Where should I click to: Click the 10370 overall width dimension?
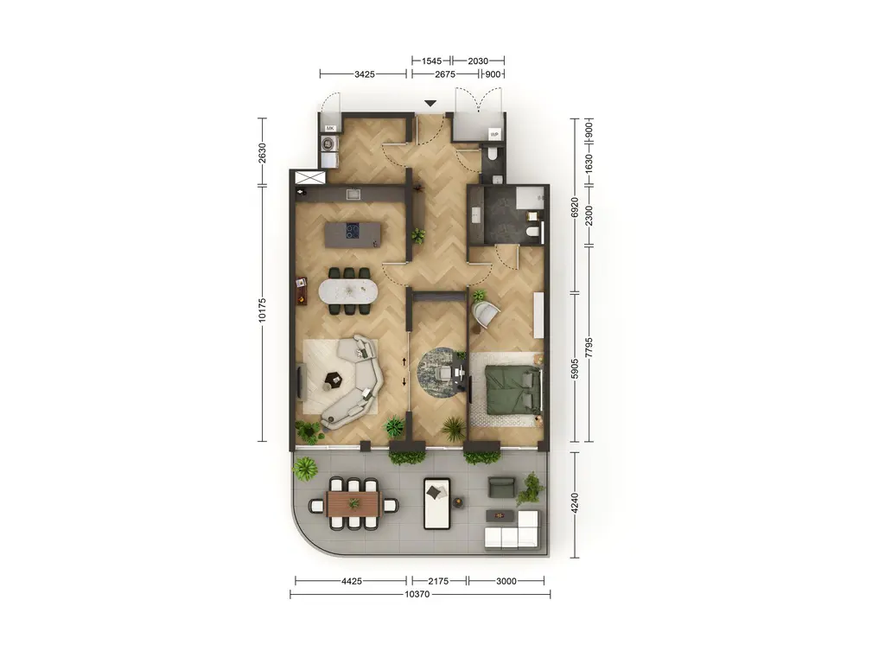pyautogui.click(x=417, y=595)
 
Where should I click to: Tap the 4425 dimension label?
pyautogui.click(x=351, y=581)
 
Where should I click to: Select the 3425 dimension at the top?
pyautogui.click(x=365, y=74)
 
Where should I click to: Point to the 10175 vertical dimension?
pyautogui.click(x=262, y=310)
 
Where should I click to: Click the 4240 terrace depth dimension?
pyautogui.click(x=575, y=504)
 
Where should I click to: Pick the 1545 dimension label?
pyautogui.click(x=432, y=61)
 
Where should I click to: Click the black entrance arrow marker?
pyautogui.click(x=430, y=104)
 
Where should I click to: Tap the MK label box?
pyautogui.click(x=330, y=129)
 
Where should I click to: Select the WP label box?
pyautogui.click(x=494, y=134)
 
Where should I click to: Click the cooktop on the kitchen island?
pyautogui.click(x=353, y=230)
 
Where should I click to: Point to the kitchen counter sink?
pyautogui.click(x=353, y=195)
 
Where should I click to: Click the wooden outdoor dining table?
pyautogui.click(x=353, y=503)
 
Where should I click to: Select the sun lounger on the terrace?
pyautogui.click(x=436, y=504)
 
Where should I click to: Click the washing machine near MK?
pyautogui.click(x=329, y=144)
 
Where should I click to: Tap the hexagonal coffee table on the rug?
pyautogui.click(x=333, y=380)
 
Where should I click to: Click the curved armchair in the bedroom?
pyautogui.click(x=486, y=315)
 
